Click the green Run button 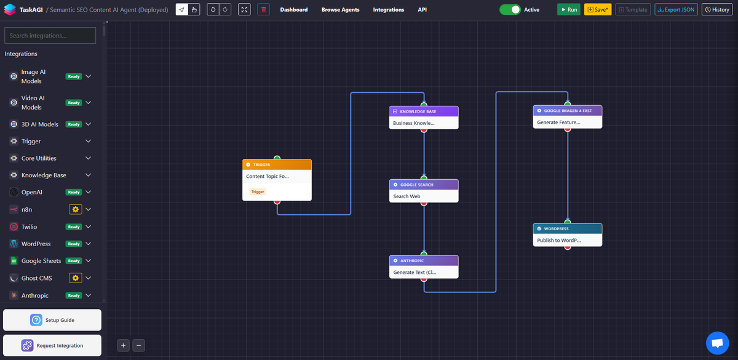coord(569,10)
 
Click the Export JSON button coord(676,10)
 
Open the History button coord(717,10)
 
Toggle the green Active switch coord(510,10)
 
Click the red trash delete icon coord(264,10)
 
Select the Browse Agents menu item coord(340,10)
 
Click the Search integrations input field coord(50,35)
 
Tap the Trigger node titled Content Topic coord(277,180)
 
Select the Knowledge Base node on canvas coord(424,118)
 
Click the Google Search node coord(424,191)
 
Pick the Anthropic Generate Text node coord(424,266)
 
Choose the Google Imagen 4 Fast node coord(568,117)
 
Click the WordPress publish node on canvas coord(568,234)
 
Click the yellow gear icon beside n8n coord(76,209)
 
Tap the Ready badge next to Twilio coord(74,227)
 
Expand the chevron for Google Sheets coord(89,261)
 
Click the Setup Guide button coord(52,320)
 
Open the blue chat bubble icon coord(717,343)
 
